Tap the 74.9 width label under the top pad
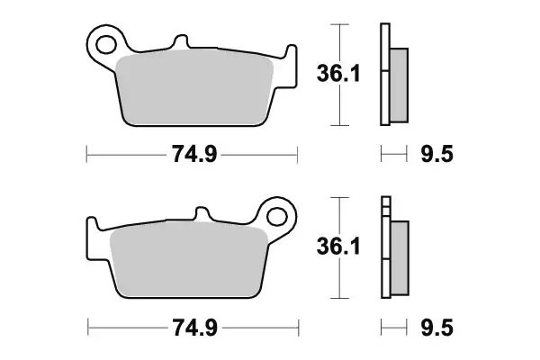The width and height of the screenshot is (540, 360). [193, 155]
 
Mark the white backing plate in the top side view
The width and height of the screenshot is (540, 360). [385, 99]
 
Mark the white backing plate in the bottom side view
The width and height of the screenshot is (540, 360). [385, 279]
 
